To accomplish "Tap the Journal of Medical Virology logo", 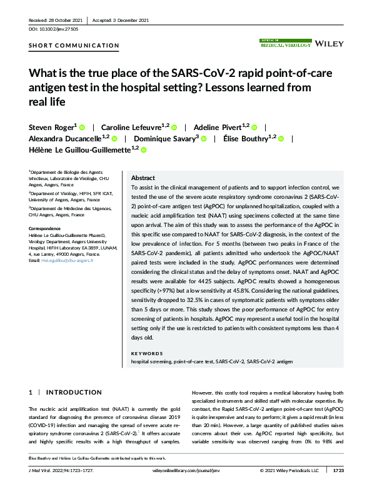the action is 285,43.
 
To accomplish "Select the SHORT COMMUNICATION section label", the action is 74,45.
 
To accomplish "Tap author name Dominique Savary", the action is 164,138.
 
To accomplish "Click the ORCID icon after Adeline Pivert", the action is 254,127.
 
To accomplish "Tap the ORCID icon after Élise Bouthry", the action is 281,139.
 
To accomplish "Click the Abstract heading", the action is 143,178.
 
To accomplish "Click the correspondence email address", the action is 67,260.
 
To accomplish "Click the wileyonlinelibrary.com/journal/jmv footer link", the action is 184,470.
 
